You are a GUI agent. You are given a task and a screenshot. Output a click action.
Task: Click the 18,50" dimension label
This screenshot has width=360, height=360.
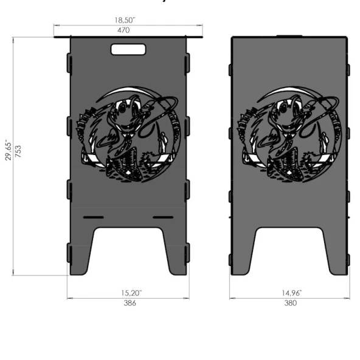coord(125,20)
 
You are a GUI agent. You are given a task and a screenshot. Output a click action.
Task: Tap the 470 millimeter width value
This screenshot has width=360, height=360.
coord(123,30)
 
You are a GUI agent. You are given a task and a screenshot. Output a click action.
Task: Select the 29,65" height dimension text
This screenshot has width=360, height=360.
coord(9,150)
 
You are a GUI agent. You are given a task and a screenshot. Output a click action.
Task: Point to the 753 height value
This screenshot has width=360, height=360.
coord(18,151)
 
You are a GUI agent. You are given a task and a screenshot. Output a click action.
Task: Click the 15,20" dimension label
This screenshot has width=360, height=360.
coord(131,293)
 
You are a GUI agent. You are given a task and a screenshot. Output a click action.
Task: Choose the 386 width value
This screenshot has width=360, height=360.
coord(130,303)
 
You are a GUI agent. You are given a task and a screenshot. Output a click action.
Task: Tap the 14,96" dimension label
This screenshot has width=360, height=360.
coord(291,293)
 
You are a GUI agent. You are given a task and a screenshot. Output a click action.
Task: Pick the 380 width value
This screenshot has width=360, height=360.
coord(291,303)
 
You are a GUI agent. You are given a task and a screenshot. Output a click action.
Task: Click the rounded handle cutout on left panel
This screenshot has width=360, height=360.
coord(128,50)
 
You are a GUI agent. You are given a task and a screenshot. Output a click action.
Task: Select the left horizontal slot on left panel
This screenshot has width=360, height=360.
coord(94,217)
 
